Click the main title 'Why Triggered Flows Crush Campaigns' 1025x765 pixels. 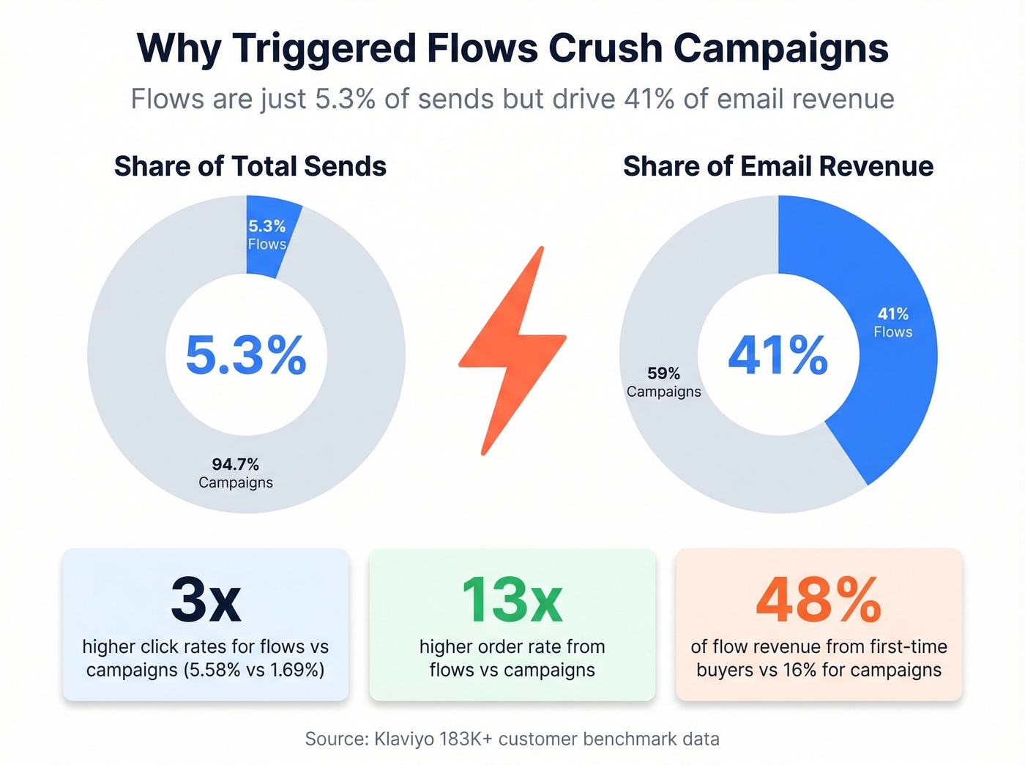(512, 48)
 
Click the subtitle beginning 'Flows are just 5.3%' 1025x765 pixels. (512, 99)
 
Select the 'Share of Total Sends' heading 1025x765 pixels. (250, 166)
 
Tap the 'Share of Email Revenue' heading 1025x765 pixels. (778, 166)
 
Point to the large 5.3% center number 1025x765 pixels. (246, 355)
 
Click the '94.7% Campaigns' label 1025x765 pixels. (236, 473)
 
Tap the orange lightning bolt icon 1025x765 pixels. (512, 351)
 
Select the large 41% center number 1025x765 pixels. (778, 355)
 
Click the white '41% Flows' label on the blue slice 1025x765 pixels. (892, 322)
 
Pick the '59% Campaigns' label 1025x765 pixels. (663, 382)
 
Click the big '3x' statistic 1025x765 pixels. (206, 600)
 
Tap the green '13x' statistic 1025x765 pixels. (512, 600)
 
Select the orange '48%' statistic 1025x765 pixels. (819, 600)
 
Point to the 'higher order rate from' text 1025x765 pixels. (512, 646)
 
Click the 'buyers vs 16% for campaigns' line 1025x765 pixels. (819, 670)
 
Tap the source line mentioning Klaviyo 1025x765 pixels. (512, 739)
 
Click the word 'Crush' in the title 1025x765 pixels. (605, 48)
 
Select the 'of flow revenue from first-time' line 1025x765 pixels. (819, 646)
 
